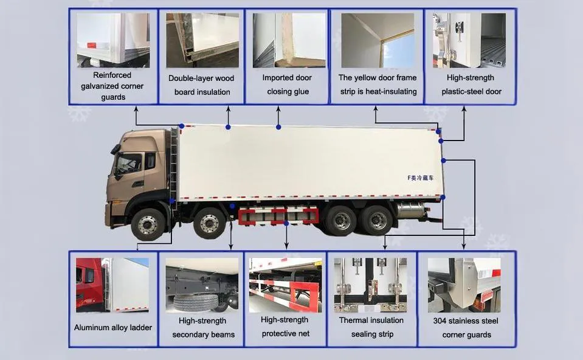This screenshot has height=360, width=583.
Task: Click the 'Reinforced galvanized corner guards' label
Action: click(112, 86)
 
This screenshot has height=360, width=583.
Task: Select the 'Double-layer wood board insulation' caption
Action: click(201, 85)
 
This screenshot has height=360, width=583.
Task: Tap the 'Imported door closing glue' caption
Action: click(288, 85)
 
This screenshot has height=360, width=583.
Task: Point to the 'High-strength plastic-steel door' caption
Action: click(471, 85)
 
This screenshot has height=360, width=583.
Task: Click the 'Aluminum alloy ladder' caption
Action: click(113, 327)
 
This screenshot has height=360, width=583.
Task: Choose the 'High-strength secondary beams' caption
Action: click(203, 327)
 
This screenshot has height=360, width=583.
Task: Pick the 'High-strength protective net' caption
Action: click(285, 327)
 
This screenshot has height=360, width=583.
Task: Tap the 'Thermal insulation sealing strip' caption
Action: click(371, 327)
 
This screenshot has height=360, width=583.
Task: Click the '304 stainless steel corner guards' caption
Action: click(466, 327)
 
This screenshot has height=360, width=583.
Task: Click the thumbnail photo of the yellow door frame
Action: click(378, 40)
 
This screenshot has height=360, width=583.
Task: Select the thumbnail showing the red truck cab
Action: click(112, 285)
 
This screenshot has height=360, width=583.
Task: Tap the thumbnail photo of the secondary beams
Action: click(202, 285)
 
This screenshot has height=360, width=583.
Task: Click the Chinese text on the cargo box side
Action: click(422, 178)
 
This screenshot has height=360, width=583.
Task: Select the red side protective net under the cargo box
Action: click(279, 215)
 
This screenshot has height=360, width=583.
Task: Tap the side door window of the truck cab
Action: click(129, 164)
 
